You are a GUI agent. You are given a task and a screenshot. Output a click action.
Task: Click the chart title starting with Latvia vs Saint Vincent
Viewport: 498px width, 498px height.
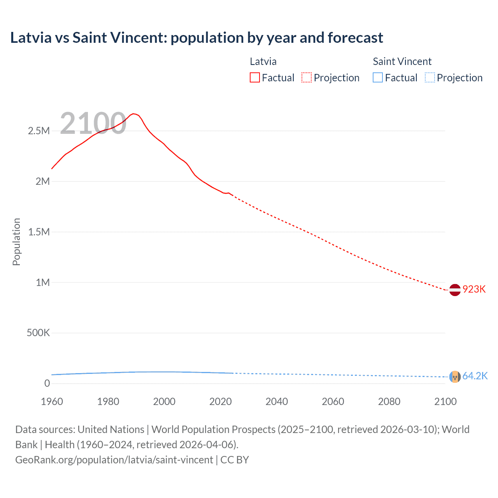(196, 38)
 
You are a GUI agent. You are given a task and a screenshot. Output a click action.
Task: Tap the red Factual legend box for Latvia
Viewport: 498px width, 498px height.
(254, 77)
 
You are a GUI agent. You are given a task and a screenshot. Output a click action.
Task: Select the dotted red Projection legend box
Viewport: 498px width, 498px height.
(307, 77)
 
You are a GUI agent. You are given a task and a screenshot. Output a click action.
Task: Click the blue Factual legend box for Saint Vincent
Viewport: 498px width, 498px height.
(378, 77)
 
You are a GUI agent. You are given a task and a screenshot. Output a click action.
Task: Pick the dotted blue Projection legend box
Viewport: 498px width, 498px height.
(430, 77)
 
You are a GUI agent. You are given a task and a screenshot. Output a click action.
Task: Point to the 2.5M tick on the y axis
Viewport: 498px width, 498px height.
(39, 131)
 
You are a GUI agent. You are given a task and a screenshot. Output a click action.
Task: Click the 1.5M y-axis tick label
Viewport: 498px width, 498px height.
(39, 232)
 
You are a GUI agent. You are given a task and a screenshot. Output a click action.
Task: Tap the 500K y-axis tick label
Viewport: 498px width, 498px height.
(38, 333)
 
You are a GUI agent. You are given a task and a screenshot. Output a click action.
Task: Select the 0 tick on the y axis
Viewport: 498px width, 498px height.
(47, 384)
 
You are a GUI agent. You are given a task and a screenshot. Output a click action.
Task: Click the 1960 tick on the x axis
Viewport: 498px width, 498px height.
(52, 402)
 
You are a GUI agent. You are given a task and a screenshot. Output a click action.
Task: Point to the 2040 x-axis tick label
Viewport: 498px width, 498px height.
(277, 402)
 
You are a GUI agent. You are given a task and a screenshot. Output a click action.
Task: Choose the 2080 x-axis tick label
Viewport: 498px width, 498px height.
(389, 402)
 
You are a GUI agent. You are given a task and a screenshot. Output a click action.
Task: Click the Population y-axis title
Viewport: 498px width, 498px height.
(16, 242)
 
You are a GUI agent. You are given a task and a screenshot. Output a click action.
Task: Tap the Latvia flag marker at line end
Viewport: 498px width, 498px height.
(455, 290)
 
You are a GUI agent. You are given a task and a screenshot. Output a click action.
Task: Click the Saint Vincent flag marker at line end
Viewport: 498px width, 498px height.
(455, 377)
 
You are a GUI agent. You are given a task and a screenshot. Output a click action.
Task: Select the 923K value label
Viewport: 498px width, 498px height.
(474, 289)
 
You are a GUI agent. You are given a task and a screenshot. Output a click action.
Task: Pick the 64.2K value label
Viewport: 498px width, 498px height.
(475, 376)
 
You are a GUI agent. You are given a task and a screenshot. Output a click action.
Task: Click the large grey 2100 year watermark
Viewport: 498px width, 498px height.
(93, 123)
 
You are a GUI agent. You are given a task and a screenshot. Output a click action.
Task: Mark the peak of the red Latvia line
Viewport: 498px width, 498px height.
(133, 114)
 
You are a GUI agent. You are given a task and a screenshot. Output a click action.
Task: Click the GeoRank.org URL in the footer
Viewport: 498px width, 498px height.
(114, 460)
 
